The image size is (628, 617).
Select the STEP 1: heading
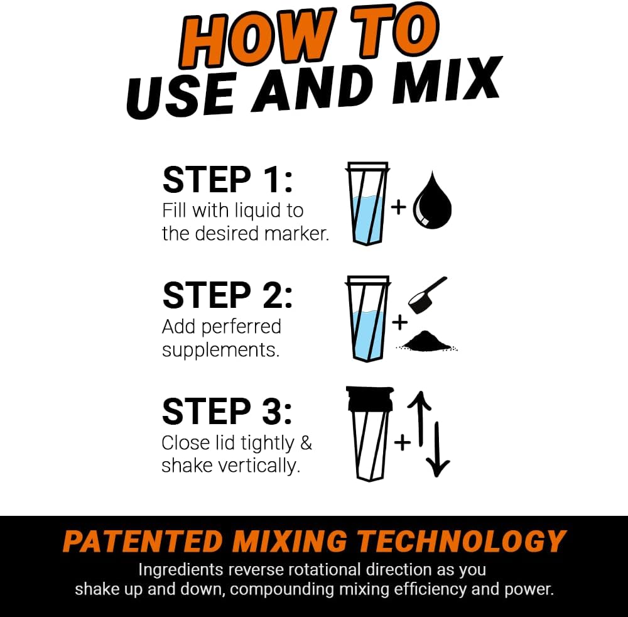[227, 180]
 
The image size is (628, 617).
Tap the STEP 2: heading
[227, 295]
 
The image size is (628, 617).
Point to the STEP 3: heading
[227, 412]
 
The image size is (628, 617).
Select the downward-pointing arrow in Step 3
[438, 449]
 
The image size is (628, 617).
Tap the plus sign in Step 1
[399, 206]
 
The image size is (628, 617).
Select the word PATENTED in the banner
[142, 542]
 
